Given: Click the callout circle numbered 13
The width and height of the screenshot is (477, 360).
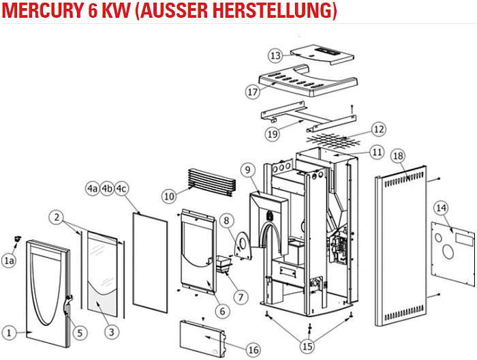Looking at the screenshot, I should (275, 55).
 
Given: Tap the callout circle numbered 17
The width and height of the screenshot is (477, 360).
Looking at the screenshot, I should (252, 91).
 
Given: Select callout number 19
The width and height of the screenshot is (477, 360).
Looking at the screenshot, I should (273, 134).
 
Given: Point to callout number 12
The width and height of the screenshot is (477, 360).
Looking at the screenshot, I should (379, 128).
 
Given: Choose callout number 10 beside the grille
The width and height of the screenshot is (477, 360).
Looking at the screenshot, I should (169, 196).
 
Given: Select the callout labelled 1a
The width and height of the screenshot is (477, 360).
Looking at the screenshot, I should (9, 260).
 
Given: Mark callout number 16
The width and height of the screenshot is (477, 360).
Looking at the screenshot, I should (253, 350).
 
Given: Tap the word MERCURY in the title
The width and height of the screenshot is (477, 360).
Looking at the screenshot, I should (42, 12).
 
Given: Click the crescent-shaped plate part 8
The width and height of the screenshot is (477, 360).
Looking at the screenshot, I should (242, 246).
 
